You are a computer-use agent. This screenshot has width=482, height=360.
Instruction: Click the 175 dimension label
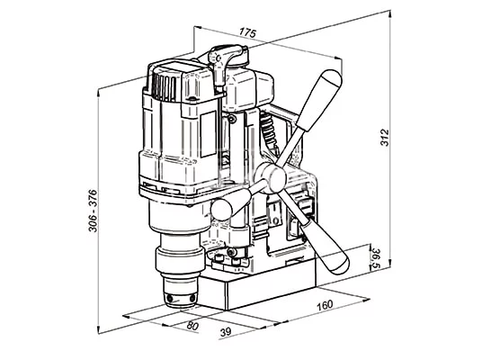pos(247,32)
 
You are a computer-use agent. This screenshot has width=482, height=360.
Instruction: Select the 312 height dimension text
pos(385,138)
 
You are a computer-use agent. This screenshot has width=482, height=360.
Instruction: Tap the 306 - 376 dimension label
pos(93,211)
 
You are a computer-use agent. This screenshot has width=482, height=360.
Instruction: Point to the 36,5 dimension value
pos(376,259)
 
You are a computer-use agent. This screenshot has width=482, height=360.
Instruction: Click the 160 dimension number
pos(325,305)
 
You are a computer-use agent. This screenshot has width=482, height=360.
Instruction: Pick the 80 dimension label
pos(192,326)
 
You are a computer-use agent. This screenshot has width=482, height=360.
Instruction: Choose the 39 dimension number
pos(226,332)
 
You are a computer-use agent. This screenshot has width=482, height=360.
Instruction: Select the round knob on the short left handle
pos(221,210)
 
